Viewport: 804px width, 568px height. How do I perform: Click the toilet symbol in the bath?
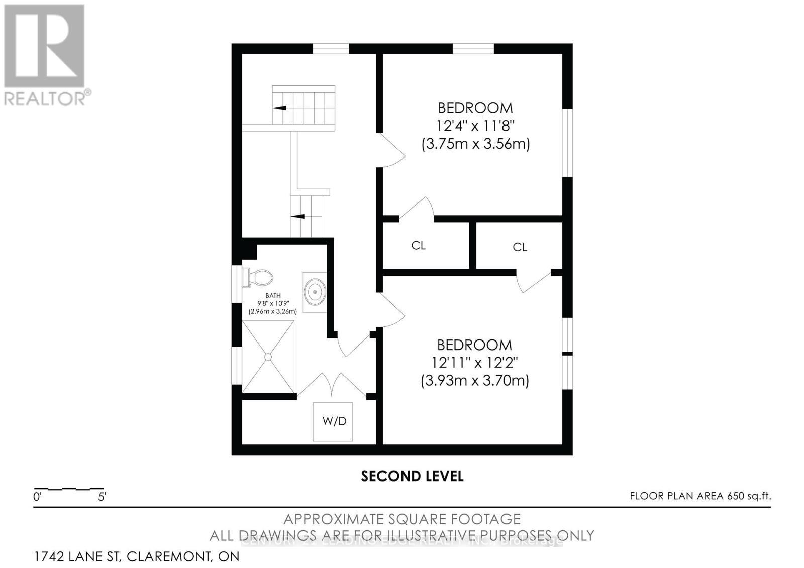point(258,277)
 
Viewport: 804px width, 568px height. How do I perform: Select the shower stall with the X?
point(268,357)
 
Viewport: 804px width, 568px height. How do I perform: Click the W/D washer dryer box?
point(333,421)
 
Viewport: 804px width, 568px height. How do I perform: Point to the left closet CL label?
point(418,246)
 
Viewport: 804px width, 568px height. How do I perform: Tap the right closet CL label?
point(520,247)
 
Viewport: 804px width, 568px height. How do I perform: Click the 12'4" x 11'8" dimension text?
point(475,126)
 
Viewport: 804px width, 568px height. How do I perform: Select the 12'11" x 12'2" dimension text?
point(474,363)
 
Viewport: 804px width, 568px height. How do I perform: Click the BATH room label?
point(273,296)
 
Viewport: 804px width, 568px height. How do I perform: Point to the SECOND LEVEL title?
point(412,476)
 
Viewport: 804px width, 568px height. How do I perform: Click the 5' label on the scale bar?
point(102,497)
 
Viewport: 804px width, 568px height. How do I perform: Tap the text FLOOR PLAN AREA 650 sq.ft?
point(700,496)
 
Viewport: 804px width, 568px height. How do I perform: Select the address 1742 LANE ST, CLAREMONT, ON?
point(137,556)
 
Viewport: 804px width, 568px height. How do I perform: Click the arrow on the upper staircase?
point(279,108)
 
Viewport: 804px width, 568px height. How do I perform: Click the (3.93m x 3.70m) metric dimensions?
point(474,381)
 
